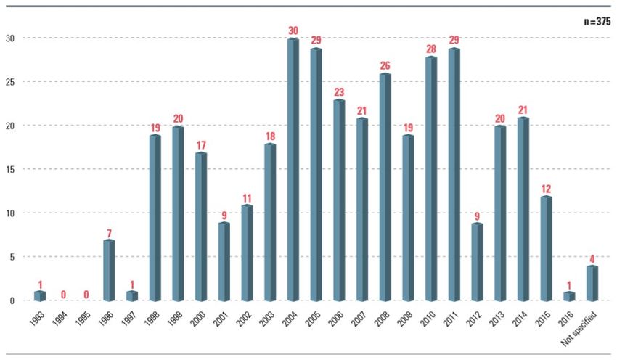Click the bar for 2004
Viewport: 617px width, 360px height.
click(293, 170)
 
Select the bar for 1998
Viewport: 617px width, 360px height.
click(155, 218)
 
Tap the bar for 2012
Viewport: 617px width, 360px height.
click(477, 262)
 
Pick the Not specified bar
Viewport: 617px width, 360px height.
click(592, 283)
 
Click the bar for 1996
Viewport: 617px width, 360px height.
click(108, 270)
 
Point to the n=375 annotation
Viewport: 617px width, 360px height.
click(597, 22)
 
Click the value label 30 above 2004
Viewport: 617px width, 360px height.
click(293, 30)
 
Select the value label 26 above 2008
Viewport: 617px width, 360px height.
click(385, 66)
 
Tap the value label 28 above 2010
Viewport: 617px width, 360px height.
click(431, 49)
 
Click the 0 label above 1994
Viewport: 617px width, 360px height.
click(63, 295)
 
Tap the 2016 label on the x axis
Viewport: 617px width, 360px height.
click(566, 319)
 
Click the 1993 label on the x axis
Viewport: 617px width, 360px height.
click(38, 319)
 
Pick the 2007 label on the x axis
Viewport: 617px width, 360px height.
click(359, 319)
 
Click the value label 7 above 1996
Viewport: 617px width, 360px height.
click(109, 232)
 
